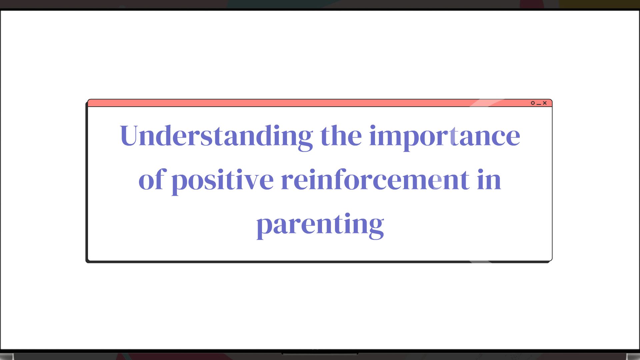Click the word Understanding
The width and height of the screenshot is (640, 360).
coord(216,136)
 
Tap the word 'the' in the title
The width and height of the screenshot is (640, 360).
coord(341,136)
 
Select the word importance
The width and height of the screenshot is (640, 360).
coord(444,136)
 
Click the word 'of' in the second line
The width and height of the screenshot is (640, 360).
coord(152,180)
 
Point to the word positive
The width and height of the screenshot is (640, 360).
coord(222,180)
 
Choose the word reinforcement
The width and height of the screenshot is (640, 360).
coord(375,180)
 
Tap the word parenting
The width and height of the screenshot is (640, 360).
coord(320,224)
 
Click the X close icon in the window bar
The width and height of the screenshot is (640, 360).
coord(545,103)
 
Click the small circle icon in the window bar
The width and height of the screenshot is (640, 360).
coord(533,103)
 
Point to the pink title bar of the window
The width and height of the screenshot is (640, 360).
coord(300,103)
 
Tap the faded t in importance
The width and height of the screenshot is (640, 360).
coord(453,137)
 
